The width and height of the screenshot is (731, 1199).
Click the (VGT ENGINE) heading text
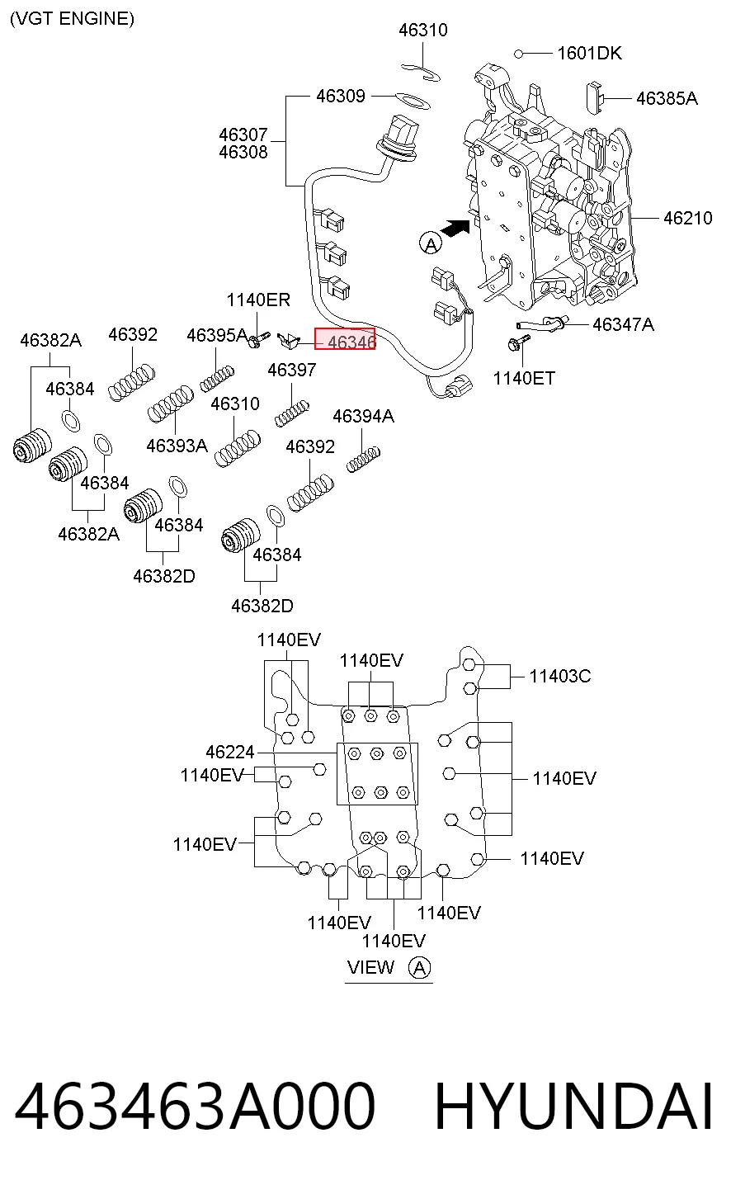[x=73, y=19]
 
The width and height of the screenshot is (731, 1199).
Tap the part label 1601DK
[x=589, y=53]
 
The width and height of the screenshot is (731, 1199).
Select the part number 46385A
[x=667, y=98]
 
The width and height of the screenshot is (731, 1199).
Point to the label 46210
[x=687, y=219]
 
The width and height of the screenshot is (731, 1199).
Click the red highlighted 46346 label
[x=345, y=339]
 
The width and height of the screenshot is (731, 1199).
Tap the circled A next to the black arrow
[x=431, y=244]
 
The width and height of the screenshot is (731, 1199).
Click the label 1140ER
[x=258, y=300]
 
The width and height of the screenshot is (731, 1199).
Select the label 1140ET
[x=524, y=379]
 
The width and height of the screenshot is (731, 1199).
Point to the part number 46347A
[x=623, y=324]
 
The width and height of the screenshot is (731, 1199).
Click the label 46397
[x=291, y=370]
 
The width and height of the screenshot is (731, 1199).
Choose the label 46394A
[x=363, y=417]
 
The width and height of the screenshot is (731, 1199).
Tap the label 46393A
[x=177, y=446]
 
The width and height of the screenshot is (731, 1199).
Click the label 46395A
[x=217, y=335]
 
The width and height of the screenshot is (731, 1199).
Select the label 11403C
[x=559, y=677]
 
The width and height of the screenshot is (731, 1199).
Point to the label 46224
[x=230, y=752]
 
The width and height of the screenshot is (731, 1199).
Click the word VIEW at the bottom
[x=370, y=968]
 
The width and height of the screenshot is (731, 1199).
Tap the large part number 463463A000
[x=195, y=1106]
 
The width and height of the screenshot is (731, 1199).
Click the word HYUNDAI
[x=573, y=1106]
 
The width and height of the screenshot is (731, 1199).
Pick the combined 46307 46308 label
[x=243, y=144]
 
